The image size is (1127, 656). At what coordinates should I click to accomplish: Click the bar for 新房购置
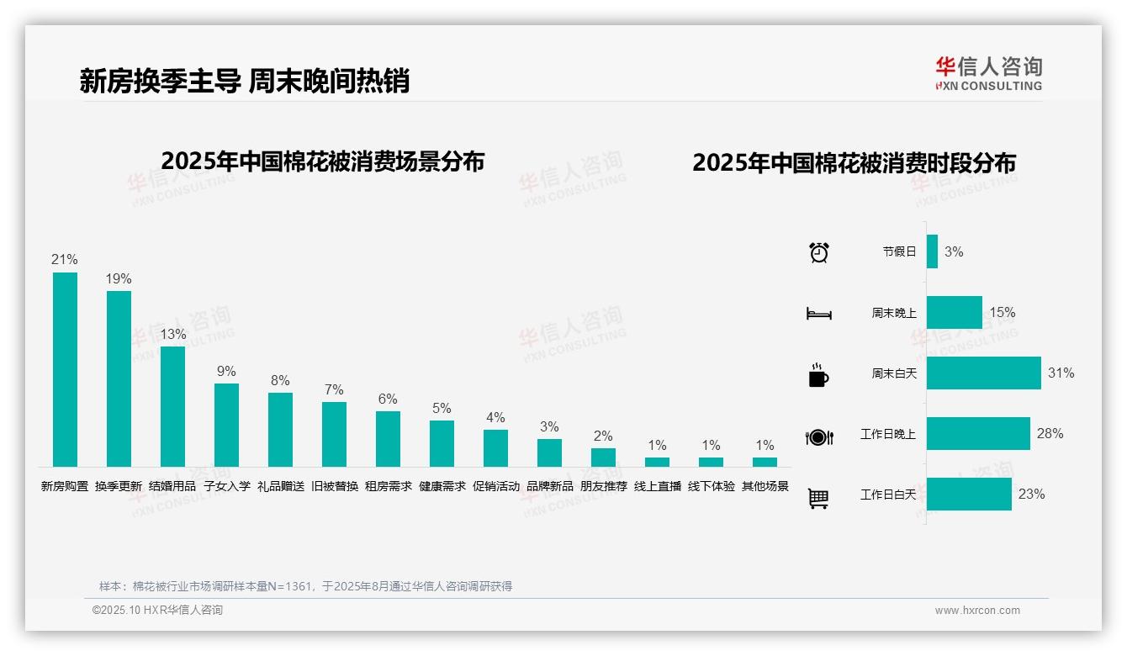pyautogui.click(x=65, y=369)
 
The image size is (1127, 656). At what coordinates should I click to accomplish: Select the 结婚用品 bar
pyautogui.click(x=172, y=406)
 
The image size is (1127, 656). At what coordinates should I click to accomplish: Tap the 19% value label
pyautogui.click(x=119, y=278)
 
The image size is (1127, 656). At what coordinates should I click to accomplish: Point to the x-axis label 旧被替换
pyautogui.click(x=334, y=486)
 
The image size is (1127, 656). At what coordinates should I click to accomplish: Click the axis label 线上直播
pyautogui.click(x=657, y=486)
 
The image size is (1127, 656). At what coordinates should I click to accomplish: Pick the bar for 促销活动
pyautogui.click(x=495, y=448)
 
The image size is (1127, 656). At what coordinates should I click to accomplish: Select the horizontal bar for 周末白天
pyautogui.click(x=983, y=373)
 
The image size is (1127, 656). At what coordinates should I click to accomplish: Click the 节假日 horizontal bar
pyautogui.click(x=932, y=251)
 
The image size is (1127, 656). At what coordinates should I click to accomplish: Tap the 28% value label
pyautogui.click(x=1050, y=433)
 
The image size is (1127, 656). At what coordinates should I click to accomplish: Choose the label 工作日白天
pyautogui.click(x=887, y=495)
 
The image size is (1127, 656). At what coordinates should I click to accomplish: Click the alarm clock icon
pyautogui.click(x=818, y=252)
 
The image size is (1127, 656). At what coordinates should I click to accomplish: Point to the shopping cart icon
pyautogui.click(x=818, y=498)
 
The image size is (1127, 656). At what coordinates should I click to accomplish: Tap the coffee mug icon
pyautogui.click(x=818, y=375)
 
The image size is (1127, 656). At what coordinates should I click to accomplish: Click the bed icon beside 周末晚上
pyautogui.click(x=818, y=314)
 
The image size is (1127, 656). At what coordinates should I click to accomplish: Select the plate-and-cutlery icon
pyautogui.click(x=818, y=436)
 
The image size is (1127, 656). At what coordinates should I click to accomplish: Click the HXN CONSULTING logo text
pyautogui.click(x=988, y=86)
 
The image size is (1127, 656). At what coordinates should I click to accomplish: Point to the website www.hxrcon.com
pyautogui.click(x=977, y=611)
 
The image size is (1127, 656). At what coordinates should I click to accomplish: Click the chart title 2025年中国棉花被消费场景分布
pyautogui.click(x=322, y=161)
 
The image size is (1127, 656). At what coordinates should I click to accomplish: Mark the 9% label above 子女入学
pyautogui.click(x=226, y=371)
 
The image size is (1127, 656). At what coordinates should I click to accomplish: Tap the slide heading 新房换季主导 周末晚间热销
pyautogui.click(x=244, y=81)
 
